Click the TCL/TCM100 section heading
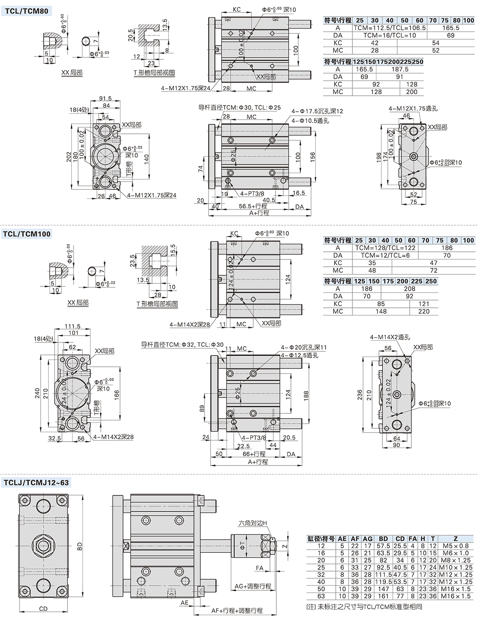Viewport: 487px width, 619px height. click(x=27, y=234)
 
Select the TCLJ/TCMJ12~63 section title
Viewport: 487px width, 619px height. click(x=36, y=483)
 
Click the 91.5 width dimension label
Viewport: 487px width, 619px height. click(x=105, y=99)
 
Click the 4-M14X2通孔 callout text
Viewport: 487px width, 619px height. click(x=390, y=337)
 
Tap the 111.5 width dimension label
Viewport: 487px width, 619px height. click(x=73, y=327)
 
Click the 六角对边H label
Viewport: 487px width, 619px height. click(x=253, y=523)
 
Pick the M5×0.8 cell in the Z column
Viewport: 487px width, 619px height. click(x=455, y=546)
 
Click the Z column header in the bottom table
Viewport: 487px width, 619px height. click(x=455, y=539)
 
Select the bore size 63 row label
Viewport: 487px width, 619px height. click(x=321, y=596)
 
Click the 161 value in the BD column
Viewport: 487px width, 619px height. click(x=383, y=596)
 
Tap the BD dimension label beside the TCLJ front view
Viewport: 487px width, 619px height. click(x=79, y=546)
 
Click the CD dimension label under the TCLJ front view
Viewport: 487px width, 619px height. click(x=43, y=609)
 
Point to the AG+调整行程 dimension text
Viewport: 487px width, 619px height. click(x=253, y=586)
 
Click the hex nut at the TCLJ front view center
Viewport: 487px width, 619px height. click(x=43, y=546)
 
